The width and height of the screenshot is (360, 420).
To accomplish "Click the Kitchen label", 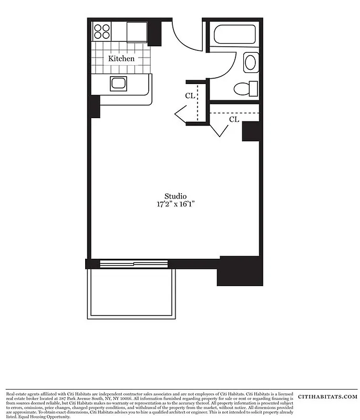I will pyautogui.click(x=121, y=58).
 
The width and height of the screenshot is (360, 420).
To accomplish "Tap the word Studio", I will pyautogui.click(x=175, y=196).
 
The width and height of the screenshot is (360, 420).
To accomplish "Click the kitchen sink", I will pyautogui.click(x=119, y=83).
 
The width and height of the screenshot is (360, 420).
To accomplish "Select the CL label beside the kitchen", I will pyautogui.click(x=190, y=96).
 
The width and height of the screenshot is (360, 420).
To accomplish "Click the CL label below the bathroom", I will pyautogui.click(x=234, y=120).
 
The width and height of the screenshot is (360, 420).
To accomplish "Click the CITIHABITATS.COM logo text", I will pyautogui.click(x=327, y=397).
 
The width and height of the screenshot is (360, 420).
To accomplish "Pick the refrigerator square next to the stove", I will pyautogui.click(x=137, y=32).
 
